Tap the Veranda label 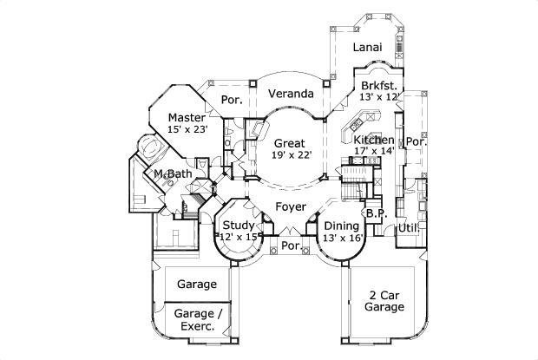pos(290,93)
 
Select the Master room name pos(187,117)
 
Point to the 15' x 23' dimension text pos(187,131)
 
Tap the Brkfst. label pos(379,85)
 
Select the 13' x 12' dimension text pos(379,97)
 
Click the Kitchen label pos(374,140)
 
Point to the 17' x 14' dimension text pos(374,151)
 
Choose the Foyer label pos(290,206)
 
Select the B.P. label pos(376,213)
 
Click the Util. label pos(408,228)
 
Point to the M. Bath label pos(173,174)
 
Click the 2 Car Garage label pos(384,301)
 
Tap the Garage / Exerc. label pos(196,319)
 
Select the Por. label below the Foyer pos(291,246)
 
